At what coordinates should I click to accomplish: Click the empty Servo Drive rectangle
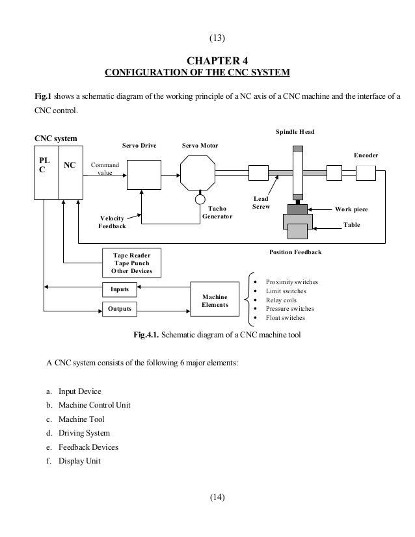point(143,174)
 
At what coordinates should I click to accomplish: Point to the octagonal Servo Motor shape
point(200,174)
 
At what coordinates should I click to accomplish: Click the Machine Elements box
point(215,299)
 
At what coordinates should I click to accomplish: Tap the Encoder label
point(366,155)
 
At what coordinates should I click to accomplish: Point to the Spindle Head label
point(295,132)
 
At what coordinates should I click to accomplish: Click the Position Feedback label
point(295,251)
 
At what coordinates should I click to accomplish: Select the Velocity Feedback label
point(113,222)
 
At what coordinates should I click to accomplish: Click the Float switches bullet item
point(286,318)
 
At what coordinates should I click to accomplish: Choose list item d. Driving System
point(78,432)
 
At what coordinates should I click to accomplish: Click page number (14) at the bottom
point(217,498)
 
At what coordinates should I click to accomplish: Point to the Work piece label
point(351,209)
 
